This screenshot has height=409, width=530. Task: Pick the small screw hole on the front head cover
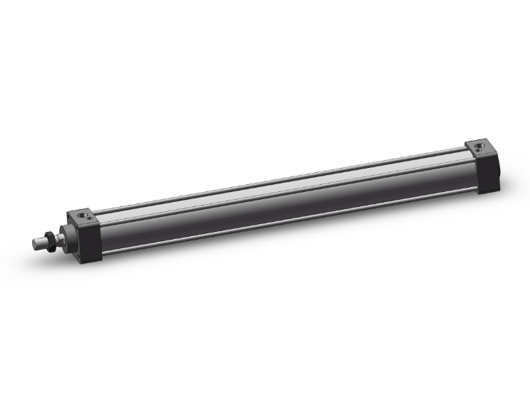click(x=89, y=219)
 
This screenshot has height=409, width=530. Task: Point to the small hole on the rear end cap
click(x=488, y=150)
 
